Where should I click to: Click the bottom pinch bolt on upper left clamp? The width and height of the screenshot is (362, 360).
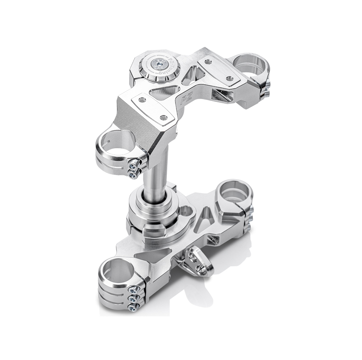tap(132, 173)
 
